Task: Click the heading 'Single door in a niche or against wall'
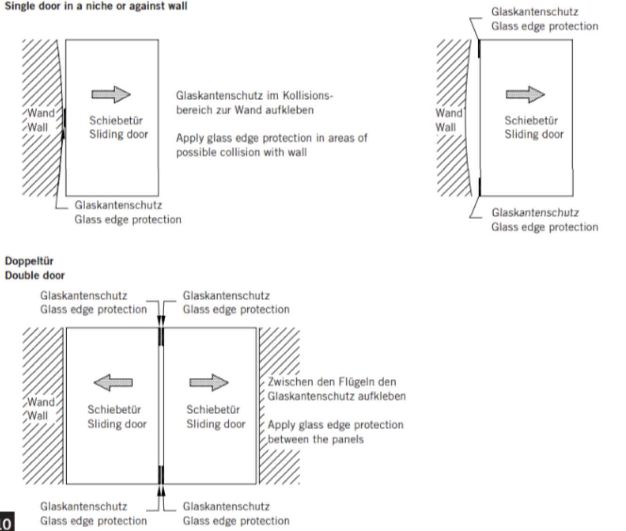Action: pyautogui.click(x=96, y=6)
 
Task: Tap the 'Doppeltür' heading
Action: pyautogui.click(x=29, y=261)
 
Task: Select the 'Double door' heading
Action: pyautogui.click(x=35, y=275)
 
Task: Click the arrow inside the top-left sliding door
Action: pyautogui.click(x=111, y=95)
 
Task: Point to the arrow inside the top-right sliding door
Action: pyautogui.click(x=525, y=95)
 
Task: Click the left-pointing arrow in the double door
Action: pyautogui.click(x=113, y=383)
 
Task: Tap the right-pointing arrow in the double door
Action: pyautogui.click(x=209, y=383)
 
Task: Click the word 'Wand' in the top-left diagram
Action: pyautogui.click(x=41, y=113)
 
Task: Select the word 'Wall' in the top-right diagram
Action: pyautogui.click(x=446, y=127)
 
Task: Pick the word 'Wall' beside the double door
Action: pyautogui.click(x=38, y=416)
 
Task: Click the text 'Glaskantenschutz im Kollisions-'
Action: pyautogui.click(x=254, y=96)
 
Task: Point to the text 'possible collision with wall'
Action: pyautogui.click(x=241, y=152)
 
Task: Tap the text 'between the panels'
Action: pyautogui.click(x=315, y=439)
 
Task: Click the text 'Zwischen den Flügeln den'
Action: pyautogui.click(x=332, y=382)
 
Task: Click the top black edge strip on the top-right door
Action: pyautogui.click(x=479, y=48)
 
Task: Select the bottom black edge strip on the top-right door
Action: pyautogui.click(x=480, y=187)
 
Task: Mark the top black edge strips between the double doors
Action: pyautogui.click(x=161, y=337)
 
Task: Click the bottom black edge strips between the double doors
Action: pyautogui.click(x=161, y=475)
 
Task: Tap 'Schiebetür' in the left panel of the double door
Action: pyautogui.click(x=114, y=410)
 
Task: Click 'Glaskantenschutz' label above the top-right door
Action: pyautogui.click(x=535, y=12)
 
